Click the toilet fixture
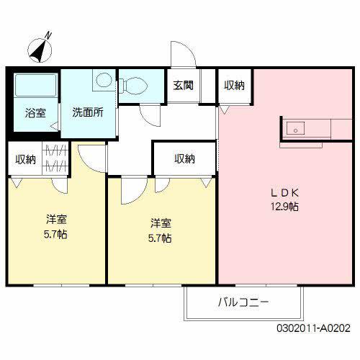(x=136, y=86)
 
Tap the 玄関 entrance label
(x=183, y=86)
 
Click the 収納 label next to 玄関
(x=233, y=86)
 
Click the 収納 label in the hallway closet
(x=184, y=159)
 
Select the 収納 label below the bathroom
(x=26, y=159)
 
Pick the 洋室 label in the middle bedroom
(x=161, y=223)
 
